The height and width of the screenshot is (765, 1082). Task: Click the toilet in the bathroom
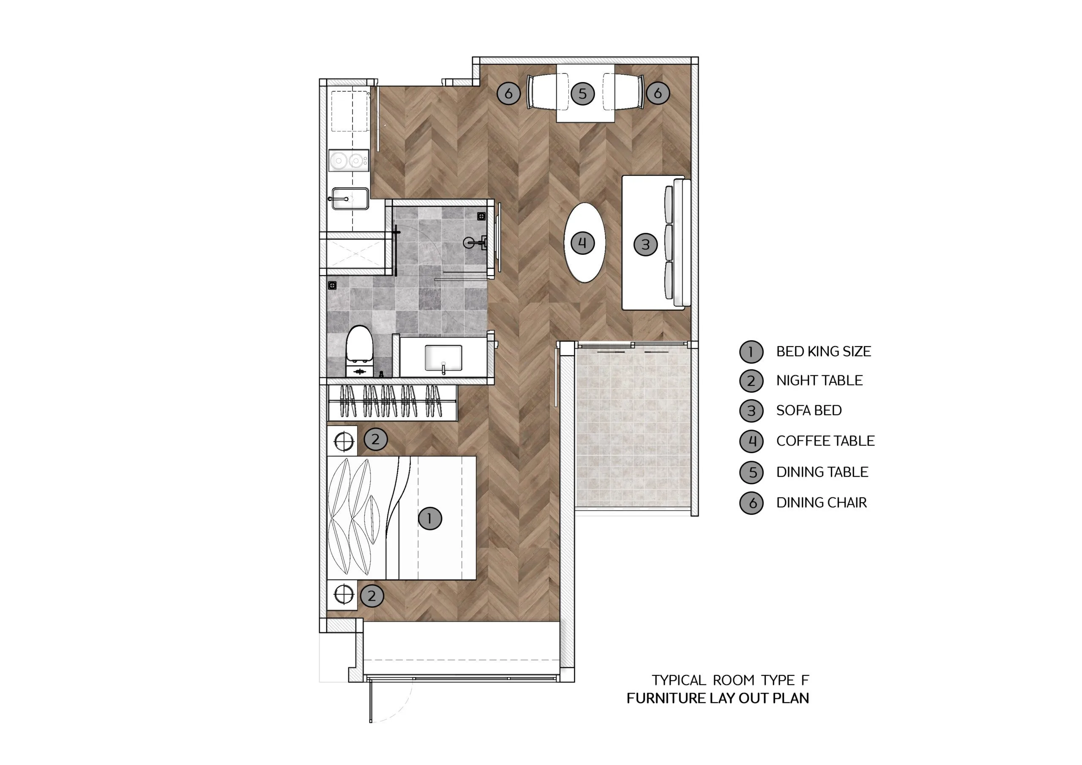tap(360, 351)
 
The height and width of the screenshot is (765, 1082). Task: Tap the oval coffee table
tap(585, 243)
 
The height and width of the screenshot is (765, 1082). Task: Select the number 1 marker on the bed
tap(430, 519)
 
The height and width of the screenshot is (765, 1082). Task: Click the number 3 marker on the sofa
tap(646, 244)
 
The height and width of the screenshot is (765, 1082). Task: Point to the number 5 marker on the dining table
tap(582, 93)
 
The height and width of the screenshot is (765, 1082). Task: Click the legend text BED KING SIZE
tap(823, 351)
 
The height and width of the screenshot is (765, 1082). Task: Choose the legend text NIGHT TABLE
tap(819, 380)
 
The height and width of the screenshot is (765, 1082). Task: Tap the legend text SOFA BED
tap(809, 410)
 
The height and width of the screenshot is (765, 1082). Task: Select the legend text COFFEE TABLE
tap(825, 441)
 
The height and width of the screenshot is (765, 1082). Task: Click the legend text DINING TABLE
tap(822, 472)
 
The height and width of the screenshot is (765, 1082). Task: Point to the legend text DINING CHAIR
tap(821, 503)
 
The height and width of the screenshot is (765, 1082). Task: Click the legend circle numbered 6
tap(751, 503)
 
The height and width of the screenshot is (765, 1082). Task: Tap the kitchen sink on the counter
tap(350, 199)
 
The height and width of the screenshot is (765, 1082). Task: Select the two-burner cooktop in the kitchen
tap(349, 161)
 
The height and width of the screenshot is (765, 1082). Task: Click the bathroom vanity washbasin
tap(443, 358)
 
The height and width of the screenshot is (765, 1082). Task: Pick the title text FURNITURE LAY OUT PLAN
tap(718, 698)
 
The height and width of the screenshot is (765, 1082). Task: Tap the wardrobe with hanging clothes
tap(392, 402)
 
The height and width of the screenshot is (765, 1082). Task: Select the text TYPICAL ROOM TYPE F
tap(730, 680)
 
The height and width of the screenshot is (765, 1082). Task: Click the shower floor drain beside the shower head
tap(481, 216)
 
